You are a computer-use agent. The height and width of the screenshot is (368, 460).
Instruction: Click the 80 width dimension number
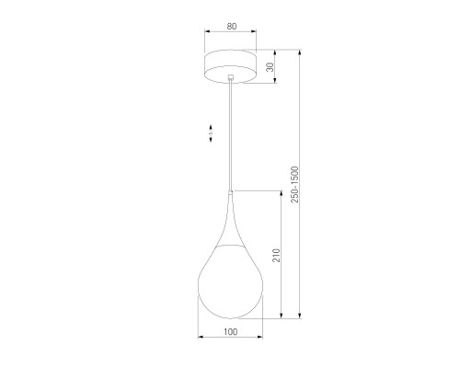[x=230, y=28]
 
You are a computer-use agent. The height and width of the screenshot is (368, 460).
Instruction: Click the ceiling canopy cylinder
[x=230, y=67]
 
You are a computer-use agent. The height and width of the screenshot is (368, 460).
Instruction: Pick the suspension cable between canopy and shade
[x=230, y=138]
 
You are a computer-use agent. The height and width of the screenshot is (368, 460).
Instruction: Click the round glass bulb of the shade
[x=230, y=281]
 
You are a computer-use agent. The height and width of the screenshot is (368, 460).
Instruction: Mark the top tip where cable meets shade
[x=230, y=191]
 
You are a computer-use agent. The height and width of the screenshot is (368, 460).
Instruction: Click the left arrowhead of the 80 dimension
[x=206, y=37]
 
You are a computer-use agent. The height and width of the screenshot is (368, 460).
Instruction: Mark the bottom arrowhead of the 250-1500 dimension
[x=301, y=316]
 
